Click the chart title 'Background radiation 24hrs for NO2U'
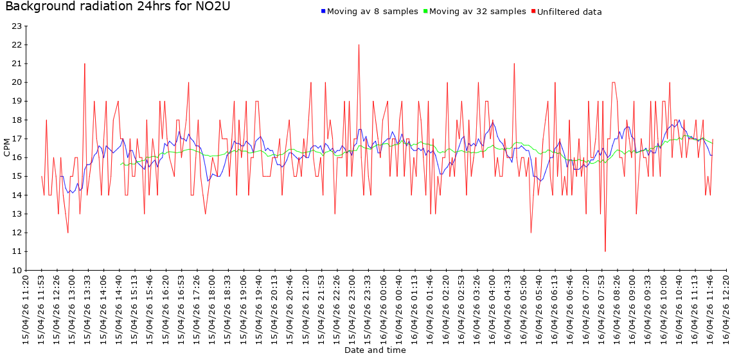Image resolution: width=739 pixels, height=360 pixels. [x=117, y=7]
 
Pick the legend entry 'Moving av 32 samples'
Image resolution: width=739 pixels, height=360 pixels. [x=477, y=12]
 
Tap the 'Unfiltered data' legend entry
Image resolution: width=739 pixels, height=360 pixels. [x=569, y=12]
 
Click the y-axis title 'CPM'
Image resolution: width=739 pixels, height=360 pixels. [x=7, y=148]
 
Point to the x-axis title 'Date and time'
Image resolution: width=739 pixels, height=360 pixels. [x=375, y=350]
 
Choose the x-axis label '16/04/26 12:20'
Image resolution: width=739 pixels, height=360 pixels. [x=726, y=309]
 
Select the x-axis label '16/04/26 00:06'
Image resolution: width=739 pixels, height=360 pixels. [x=384, y=309]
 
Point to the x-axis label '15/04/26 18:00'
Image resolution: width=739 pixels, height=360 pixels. [x=213, y=309]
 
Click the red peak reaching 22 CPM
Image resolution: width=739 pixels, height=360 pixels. [x=359, y=45]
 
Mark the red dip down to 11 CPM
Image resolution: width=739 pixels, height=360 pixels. [x=605, y=251]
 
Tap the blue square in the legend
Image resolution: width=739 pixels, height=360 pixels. [x=323, y=12]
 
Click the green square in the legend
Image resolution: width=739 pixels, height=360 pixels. [x=425, y=12]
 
